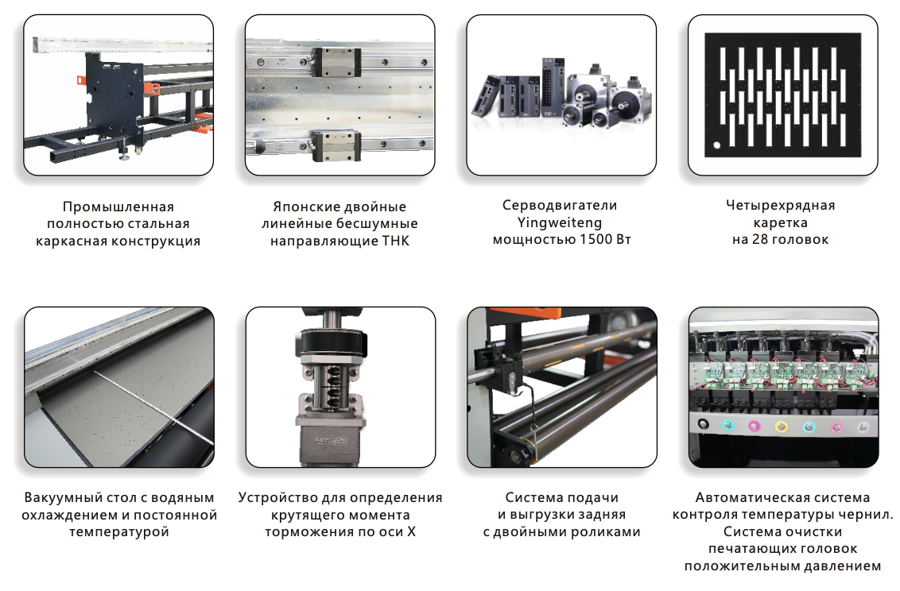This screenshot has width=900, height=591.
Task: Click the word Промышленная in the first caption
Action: pos(118,207)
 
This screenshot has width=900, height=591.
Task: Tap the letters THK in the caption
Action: pos(396,241)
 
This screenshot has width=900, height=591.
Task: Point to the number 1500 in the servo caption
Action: pos(595,240)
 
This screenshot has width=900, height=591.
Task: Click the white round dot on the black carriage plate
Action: pos(717,145)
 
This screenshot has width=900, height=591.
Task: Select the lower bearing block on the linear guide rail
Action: pos(337,145)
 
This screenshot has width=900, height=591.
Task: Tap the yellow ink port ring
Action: pos(781,426)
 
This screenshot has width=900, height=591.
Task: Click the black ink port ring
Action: pos(703,424)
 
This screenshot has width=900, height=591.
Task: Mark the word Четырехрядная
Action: pos(781,205)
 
